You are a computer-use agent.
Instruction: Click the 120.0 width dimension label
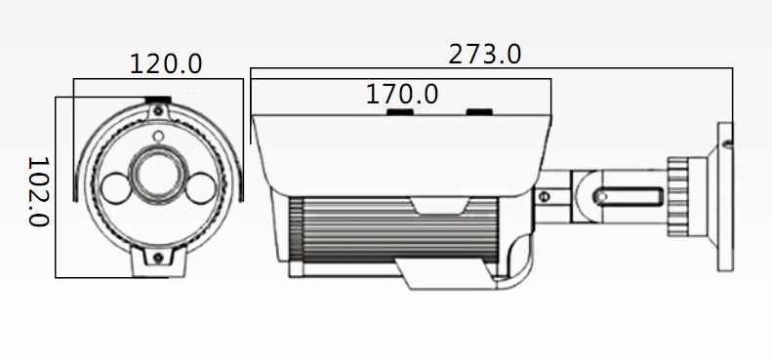166,64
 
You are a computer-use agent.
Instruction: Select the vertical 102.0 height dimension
38,191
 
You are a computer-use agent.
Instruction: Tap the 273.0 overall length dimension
484,55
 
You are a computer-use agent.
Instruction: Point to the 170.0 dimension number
402,94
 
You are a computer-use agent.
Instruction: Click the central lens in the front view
158,176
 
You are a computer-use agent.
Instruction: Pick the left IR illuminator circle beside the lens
117,188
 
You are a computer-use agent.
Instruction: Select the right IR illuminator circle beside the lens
201,187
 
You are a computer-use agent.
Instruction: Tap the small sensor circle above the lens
158,137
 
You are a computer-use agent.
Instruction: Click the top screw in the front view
157,111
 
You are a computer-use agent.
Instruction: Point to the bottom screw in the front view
158,257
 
